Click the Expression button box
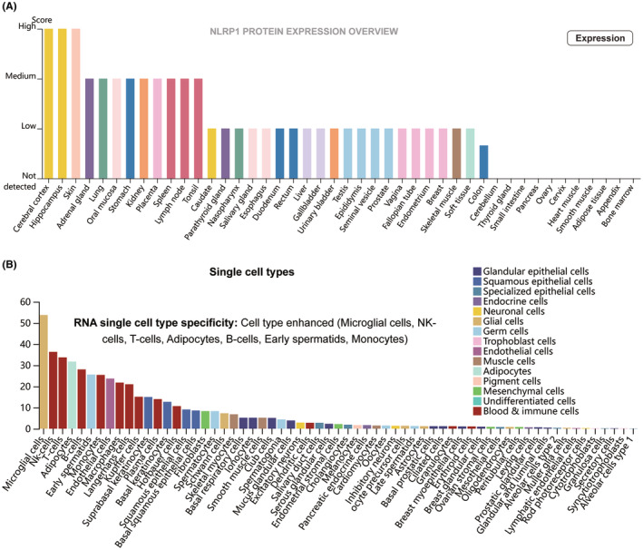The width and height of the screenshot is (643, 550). (599, 38)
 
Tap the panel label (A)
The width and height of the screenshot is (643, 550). (13, 7)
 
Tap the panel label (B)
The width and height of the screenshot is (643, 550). (13, 265)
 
